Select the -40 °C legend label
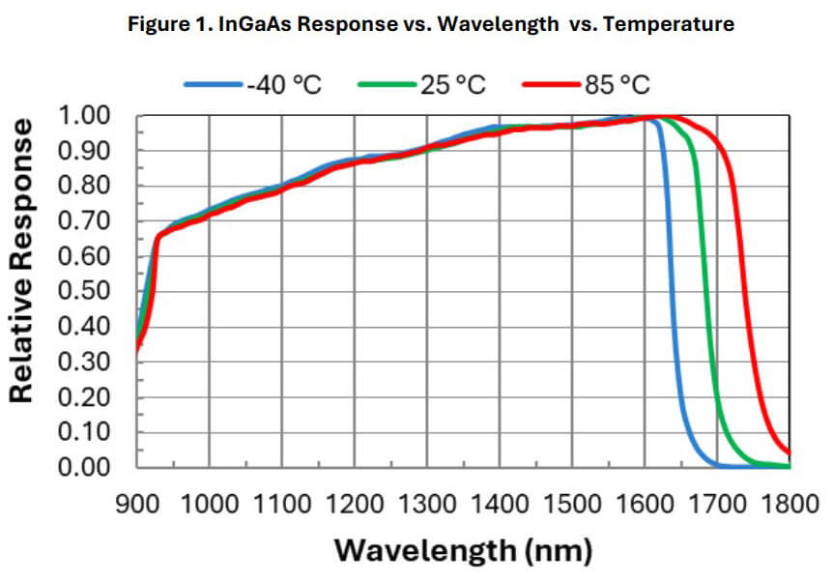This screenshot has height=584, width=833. pos(284,85)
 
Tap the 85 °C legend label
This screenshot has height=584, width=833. pos(617,85)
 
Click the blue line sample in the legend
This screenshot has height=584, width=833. pos(214,85)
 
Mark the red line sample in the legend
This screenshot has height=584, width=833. pos(552,85)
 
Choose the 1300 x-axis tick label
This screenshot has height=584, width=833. pos(428,503)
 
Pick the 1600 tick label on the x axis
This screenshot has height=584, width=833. pos(646,503)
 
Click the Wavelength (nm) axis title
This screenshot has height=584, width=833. pos(463,551)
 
